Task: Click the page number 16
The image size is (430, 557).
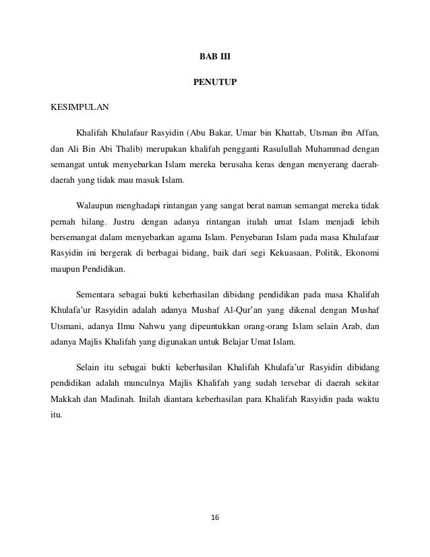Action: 215,517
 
